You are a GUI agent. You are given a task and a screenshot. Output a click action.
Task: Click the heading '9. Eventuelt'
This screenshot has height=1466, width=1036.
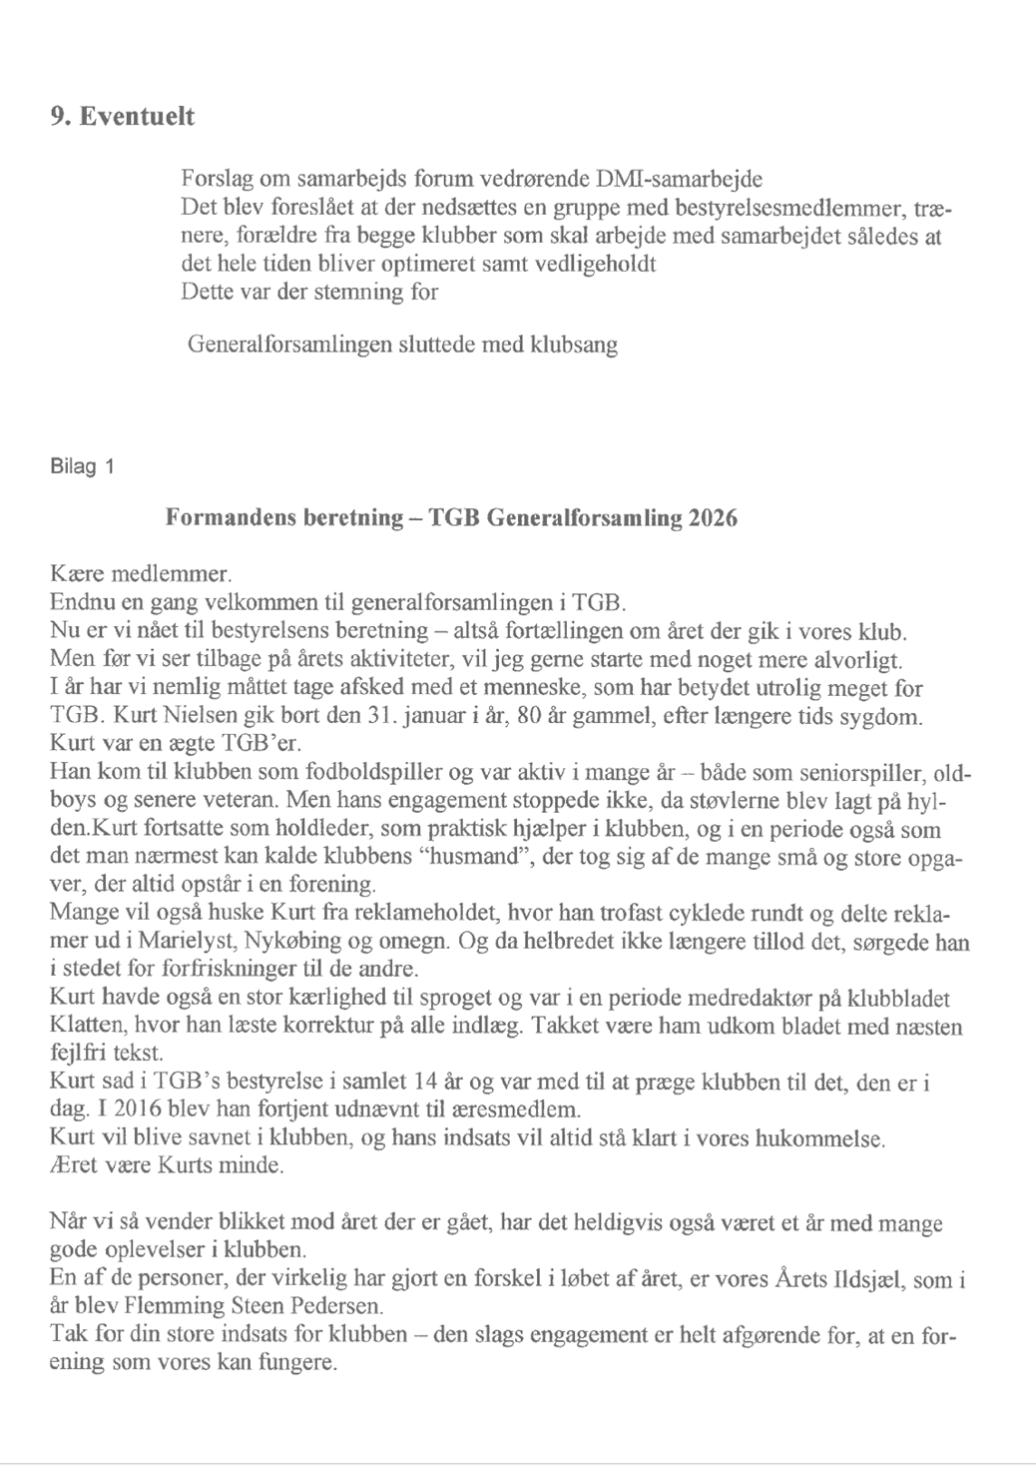(122, 117)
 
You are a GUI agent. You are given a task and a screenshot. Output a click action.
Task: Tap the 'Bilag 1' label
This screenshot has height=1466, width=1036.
(82, 466)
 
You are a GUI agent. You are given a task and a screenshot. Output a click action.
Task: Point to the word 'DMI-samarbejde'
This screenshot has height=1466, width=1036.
(678, 180)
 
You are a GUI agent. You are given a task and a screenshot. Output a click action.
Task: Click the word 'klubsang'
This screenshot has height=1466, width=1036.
(573, 346)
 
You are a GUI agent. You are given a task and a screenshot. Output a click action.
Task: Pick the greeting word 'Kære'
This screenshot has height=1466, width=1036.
(76, 576)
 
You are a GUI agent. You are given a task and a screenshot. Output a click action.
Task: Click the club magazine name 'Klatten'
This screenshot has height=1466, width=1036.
(83, 1027)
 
